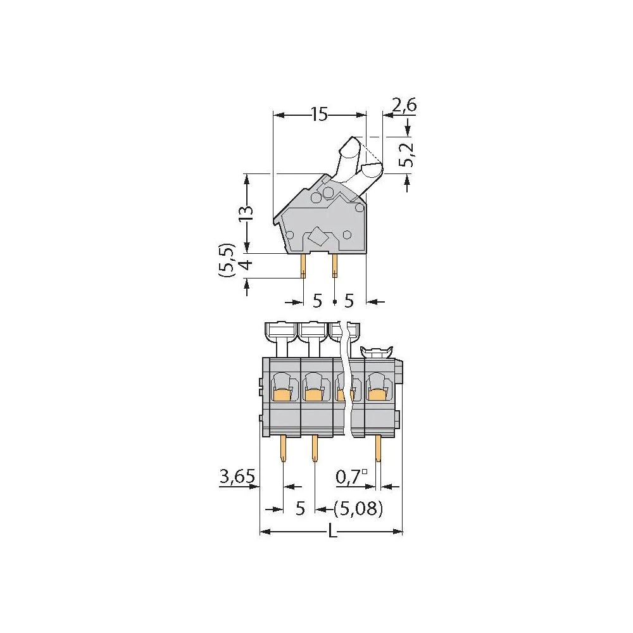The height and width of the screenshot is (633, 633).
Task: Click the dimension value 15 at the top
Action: coord(319,115)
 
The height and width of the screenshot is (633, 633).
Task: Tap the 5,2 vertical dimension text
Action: coord(407,154)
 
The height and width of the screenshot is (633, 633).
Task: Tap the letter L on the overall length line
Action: coord(332,533)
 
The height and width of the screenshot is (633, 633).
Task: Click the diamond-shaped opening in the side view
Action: coord(316,238)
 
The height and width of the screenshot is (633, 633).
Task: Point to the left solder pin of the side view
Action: coord(304,266)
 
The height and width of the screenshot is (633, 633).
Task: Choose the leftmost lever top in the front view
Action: coord(280,330)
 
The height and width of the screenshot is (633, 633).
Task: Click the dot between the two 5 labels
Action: coord(334,303)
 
